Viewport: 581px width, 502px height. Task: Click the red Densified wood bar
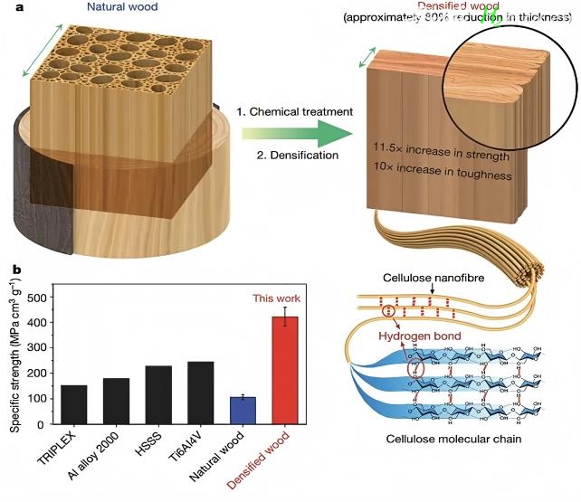pos(286,371)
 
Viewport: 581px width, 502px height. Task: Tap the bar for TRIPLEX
pos(75,404)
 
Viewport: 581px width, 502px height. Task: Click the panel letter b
pos(14,269)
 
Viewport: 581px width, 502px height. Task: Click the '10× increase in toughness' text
pos(441,172)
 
